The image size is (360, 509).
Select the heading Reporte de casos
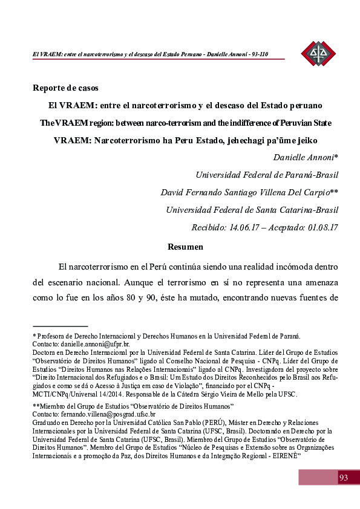tap(65, 88)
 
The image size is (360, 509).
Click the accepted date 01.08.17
tap(318, 228)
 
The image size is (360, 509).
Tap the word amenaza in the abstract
tap(318, 282)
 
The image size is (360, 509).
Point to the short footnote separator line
tap(61, 326)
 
